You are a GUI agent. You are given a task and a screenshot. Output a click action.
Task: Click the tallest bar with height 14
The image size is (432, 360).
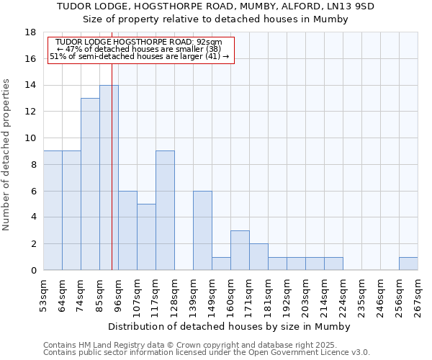pyautogui.click(x=109, y=177)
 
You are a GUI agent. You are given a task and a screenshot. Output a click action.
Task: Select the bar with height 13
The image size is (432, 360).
pyautogui.click(x=90, y=184)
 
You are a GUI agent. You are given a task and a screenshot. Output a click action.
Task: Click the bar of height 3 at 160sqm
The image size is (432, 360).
pyautogui.click(x=240, y=250)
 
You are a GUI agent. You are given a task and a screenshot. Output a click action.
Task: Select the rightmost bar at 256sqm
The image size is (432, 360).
pyautogui.click(x=408, y=264)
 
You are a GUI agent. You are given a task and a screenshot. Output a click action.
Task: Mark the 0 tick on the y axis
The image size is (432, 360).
pyautogui.click(x=33, y=271)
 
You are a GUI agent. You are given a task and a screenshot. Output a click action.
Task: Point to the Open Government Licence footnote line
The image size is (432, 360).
pyautogui.click(x=207, y=353)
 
